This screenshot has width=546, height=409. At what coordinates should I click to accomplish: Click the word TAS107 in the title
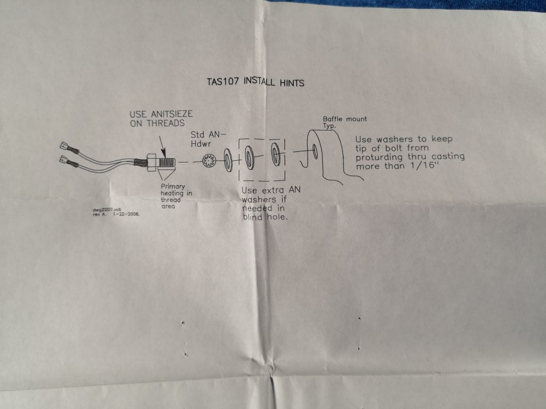[x=222, y=83]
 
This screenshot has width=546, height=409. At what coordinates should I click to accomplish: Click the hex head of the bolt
[x=150, y=161]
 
